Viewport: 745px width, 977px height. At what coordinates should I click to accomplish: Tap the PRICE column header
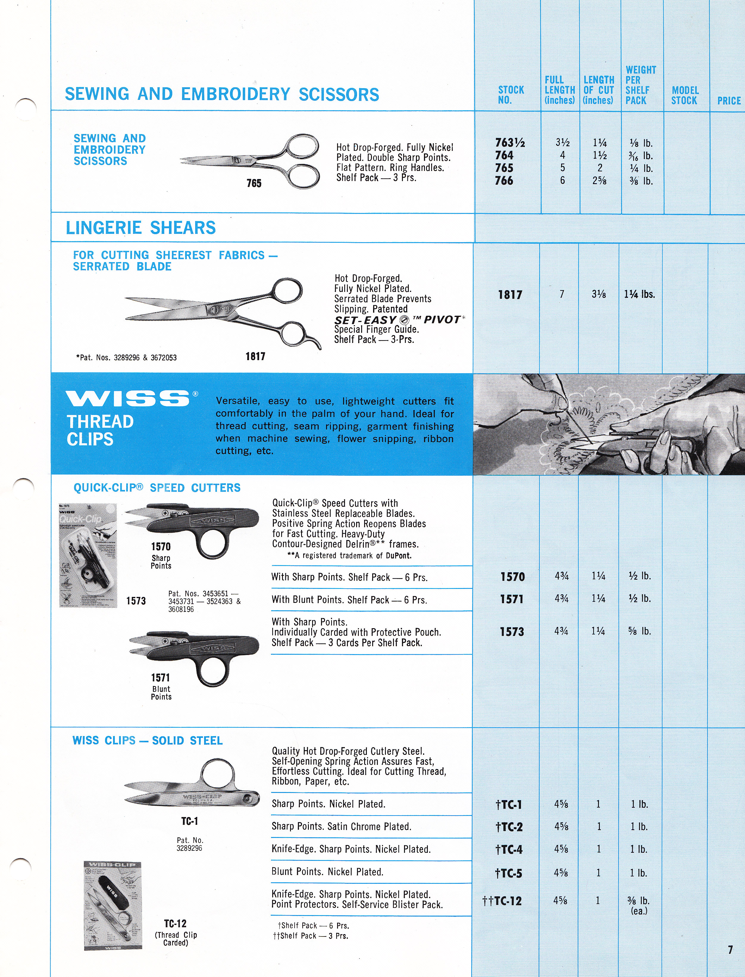(x=729, y=101)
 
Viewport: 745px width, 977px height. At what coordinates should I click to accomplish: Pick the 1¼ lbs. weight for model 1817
(x=639, y=294)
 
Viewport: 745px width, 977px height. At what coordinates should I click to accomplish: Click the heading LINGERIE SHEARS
(x=140, y=228)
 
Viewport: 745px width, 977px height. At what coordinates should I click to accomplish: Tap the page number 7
(x=730, y=950)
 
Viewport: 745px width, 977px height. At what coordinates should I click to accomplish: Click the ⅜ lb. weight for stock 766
(x=641, y=181)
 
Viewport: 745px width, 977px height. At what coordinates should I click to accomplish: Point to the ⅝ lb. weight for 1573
(x=639, y=631)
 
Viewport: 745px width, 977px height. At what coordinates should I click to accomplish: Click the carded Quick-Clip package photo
(x=88, y=555)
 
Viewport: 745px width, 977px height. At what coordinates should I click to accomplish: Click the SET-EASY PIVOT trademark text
(x=399, y=320)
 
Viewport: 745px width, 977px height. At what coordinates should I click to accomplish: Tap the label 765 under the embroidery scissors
(x=254, y=183)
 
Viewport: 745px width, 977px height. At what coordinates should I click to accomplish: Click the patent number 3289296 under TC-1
(x=189, y=848)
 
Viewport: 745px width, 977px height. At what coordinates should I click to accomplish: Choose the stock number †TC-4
(x=509, y=849)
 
